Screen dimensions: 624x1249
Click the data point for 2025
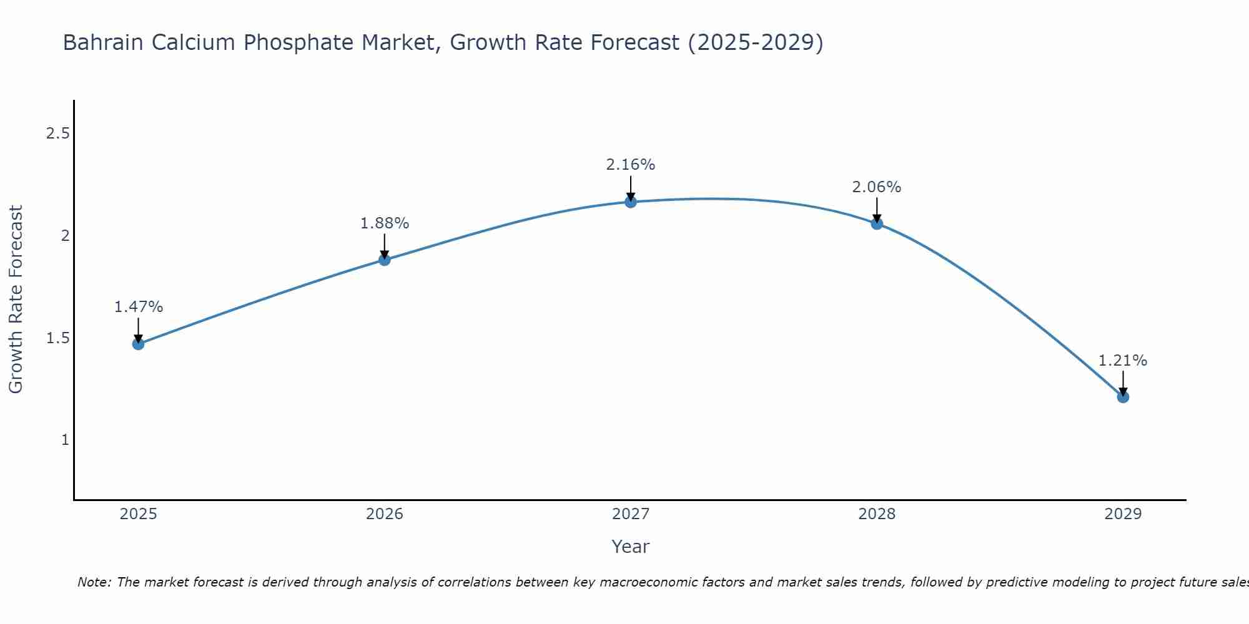[139, 344]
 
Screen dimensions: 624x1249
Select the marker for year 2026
[385, 260]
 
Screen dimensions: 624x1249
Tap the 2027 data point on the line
[631, 202]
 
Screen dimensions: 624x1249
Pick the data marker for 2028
[877, 223]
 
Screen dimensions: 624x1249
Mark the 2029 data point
[1123, 397]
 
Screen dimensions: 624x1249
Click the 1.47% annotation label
[139, 307]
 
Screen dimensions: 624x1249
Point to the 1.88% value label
[385, 223]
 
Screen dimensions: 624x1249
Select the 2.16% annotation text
[631, 165]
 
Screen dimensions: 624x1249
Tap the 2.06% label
[877, 187]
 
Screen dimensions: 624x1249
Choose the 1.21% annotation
[1123, 361]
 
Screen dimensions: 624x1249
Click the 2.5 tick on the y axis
[57, 134]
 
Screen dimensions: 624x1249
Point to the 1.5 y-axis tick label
[57, 338]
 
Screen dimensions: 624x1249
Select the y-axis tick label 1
[65, 440]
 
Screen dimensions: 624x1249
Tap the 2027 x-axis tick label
[631, 514]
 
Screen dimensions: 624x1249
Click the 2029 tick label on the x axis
[1123, 514]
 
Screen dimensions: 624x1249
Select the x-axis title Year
[631, 547]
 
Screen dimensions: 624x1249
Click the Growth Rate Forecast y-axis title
[16, 300]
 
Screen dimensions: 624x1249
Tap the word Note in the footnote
[94, 582]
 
